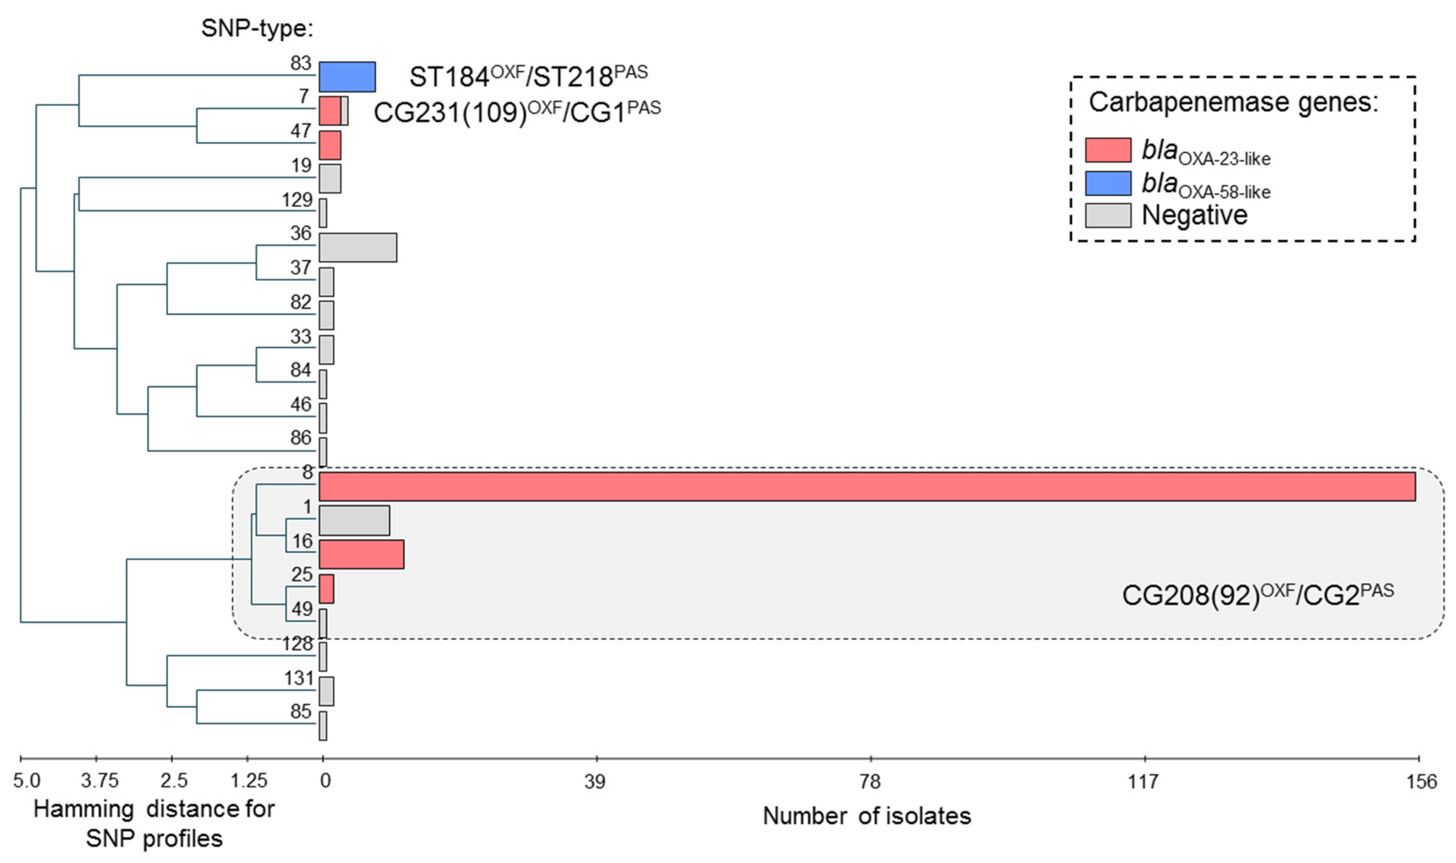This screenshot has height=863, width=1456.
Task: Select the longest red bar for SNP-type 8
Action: tap(867, 486)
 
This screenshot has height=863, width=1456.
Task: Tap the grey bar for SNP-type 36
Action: tap(358, 248)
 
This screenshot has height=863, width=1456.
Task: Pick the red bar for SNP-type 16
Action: tap(361, 554)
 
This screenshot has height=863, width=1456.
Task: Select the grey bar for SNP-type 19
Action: tap(330, 179)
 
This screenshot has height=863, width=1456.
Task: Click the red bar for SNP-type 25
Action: tap(326, 588)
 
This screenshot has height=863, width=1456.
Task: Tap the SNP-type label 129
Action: tap(297, 200)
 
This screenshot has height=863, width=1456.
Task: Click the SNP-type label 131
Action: tap(299, 678)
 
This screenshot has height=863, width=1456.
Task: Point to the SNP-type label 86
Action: tap(301, 437)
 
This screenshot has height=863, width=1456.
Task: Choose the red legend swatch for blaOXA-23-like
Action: tap(1108, 150)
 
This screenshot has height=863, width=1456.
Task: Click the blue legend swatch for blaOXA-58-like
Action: tap(1108, 183)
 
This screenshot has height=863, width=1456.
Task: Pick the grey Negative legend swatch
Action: tap(1108, 215)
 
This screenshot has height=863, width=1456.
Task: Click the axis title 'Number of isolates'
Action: tap(867, 816)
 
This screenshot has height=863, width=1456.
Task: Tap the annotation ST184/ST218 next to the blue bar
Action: tap(528, 76)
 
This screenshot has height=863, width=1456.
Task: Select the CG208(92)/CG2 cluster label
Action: tap(1258, 595)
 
